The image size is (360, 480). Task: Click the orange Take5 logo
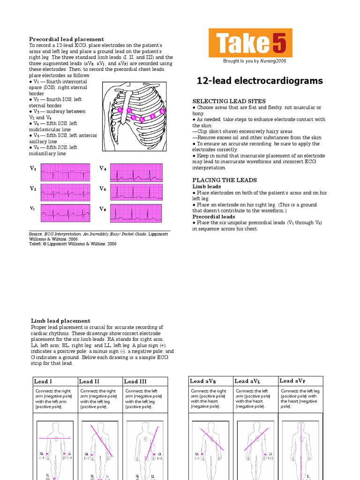(x=250, y=43)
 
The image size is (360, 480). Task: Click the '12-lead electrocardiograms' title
(x=260, y=81)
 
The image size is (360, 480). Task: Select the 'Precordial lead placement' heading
(x=67, y=39)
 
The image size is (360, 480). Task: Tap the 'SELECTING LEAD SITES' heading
(x=229, y=101)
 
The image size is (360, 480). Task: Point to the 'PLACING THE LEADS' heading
(x=225, y=180)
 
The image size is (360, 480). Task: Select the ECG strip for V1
(x=65, y=172)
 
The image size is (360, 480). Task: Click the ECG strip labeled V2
(x=65, y=192)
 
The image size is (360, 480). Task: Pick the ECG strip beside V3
(x=65, y=213)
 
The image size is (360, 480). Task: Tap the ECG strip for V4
(x=136, y=172)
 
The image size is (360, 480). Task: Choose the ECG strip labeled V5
(x=136, y=192)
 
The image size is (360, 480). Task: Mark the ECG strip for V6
(x=136, y=213)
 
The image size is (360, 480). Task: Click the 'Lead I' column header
(x=43, y=382)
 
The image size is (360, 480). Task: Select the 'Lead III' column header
(x=135, y=382)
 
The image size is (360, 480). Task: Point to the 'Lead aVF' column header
(x=293, y=381)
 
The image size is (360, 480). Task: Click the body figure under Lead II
(x=100, y=450)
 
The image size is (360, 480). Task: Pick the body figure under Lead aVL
(x=256, y=450)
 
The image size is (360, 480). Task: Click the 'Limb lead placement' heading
(x=60, y=321)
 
